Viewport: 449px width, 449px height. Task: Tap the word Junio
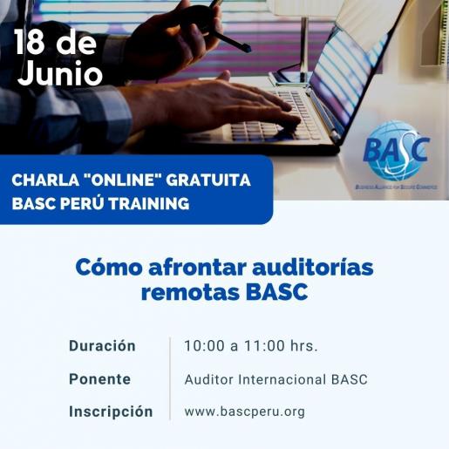point(59,73)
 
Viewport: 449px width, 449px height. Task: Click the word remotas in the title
point(180,292)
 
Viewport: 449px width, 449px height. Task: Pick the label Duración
point(102,346)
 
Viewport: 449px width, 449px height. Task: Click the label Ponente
point(99,379)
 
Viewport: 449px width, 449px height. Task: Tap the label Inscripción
point(111,412)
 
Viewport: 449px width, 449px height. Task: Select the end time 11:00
point(264,346)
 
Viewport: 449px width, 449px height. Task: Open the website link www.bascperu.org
point(244,412)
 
